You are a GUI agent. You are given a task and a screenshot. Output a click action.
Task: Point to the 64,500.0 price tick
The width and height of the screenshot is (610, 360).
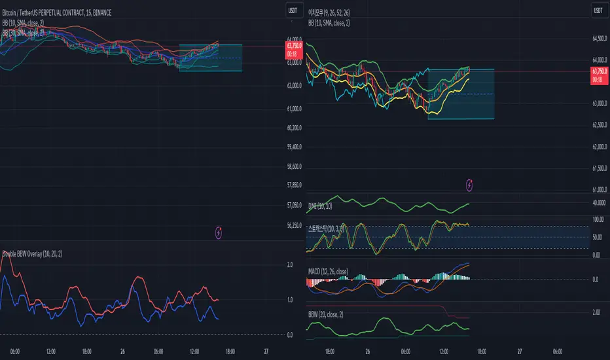pos(600,39)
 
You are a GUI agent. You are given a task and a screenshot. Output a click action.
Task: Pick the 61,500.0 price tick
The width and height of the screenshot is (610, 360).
pos(600,169)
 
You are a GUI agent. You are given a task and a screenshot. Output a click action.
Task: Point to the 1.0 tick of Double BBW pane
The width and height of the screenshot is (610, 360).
pos(289,300)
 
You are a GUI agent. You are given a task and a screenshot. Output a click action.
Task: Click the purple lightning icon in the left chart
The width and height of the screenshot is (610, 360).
pos(219,232)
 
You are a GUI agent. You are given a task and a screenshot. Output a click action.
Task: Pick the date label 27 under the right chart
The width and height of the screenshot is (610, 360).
pos(519,351)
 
